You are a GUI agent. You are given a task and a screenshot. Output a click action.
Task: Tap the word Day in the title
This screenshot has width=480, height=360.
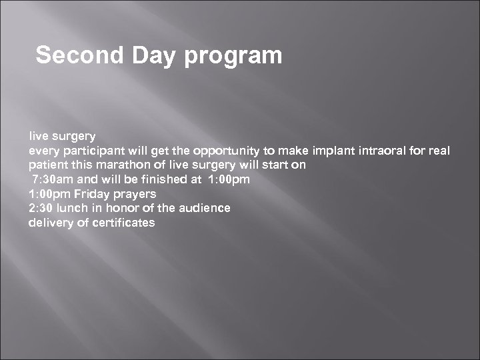(156, 55)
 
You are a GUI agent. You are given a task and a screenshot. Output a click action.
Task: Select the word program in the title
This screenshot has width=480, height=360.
(234, 55)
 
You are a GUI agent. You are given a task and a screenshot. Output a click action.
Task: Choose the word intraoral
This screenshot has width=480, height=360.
(381, 151)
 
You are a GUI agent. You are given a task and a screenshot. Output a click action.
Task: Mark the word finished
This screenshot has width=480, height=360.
(163, 179)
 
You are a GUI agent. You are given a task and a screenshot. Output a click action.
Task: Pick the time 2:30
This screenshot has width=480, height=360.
(41, 208)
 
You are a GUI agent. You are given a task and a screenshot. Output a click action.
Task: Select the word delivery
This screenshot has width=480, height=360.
(48, 223)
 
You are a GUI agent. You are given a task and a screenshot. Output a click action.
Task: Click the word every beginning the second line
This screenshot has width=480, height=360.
(41, 151)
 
